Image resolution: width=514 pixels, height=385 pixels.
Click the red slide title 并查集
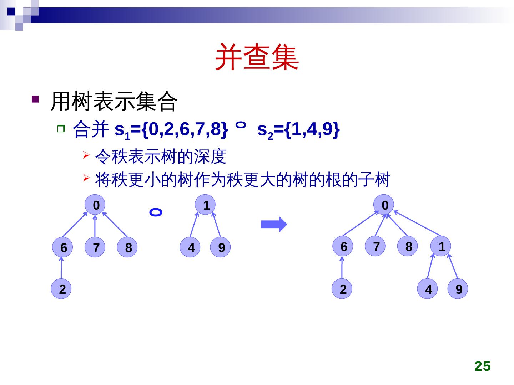tap(257, 57)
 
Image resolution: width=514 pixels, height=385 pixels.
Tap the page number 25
tap(482, 366)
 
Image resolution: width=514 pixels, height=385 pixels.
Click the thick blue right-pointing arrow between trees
tap(274, 225)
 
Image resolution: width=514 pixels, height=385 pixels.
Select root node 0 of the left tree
tap(95, 205)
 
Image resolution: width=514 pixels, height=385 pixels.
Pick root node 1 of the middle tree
tap(206, 205)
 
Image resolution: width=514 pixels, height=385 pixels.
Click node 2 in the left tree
tap(62, 289)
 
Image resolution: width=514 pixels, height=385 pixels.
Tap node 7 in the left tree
tap(95, 247)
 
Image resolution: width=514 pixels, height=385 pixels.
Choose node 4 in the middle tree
tap(191, 247)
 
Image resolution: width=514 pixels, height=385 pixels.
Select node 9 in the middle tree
tap(221, 247)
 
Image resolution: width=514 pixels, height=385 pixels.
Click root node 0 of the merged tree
tap(384, 205)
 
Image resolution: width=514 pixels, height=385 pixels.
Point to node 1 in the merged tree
tap(441, 246)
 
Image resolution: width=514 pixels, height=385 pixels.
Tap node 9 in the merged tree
tap(458, 289)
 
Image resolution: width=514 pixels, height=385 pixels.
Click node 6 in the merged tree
tap(343, 246)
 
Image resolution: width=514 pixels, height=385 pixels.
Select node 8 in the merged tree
tap(408, 246)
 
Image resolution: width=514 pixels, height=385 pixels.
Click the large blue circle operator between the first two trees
tap(156, 212)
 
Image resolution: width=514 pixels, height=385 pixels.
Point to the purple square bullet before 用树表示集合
tap(35, 99)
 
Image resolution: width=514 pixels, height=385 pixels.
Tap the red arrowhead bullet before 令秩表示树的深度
tap(86, 155)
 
